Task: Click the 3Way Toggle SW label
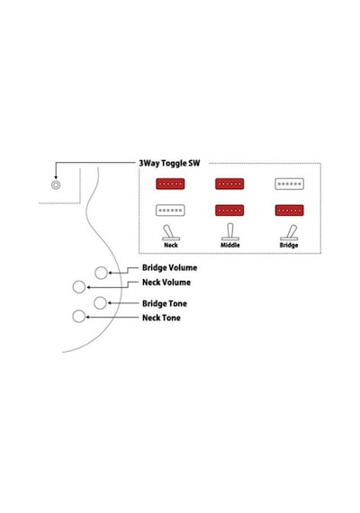point(169,163)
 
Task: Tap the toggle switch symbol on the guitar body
point(56,185)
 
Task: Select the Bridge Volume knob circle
point(101,273)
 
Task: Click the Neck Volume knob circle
point(79,287)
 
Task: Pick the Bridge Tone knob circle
point(100,303)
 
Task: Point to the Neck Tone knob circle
point(78,317)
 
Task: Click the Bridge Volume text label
point(169,267)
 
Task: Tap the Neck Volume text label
point(166,283)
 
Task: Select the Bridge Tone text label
point(165,303)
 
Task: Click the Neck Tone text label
point(161,318)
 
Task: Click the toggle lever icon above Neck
point(170,232)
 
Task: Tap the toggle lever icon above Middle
point(230,232)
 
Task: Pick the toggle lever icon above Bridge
point(289,232)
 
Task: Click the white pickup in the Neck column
point(170,211)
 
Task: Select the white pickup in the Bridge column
point(289,184)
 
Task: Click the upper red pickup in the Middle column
point(229,184)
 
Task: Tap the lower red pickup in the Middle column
point(229,211)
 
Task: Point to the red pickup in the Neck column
point(170,184)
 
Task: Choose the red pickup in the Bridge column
point(289,211)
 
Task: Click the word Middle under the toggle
point(230,245)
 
